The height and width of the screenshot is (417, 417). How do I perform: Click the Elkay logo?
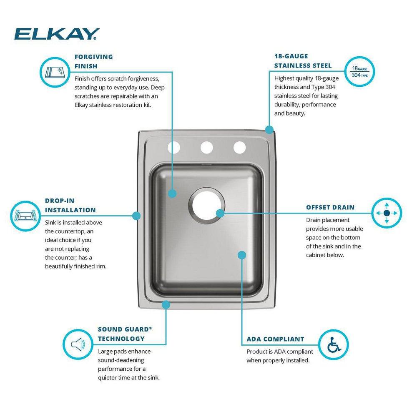pyautogui.click(x=57, y=33)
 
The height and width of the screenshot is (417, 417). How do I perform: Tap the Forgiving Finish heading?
pyautogui.click(x=93, y=61)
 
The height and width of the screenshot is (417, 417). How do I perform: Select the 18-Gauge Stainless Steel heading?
pyautogui.click(x=303, y=61)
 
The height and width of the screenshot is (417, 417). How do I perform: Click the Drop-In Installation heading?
pyautogui.click(x=70, y=206)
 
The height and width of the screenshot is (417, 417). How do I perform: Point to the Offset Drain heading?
pyautogui.click(x=330, y=207)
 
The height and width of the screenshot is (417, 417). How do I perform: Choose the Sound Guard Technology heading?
pyautogui.click(x=124, y=334)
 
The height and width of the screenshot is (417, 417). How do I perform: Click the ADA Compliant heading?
pyautogui.click(x=275, y=339)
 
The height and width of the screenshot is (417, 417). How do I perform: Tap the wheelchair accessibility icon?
pyautogui.click(x=333, y=345)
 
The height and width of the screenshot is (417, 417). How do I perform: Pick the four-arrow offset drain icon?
pyautogui.click(x=386, y=213)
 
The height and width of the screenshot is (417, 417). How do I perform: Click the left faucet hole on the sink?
pyautogui.click(x=173, y=147)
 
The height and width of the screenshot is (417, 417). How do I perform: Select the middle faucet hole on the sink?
pyautogui.click(x=206, y=147)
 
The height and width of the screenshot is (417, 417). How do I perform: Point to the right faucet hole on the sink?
pyautogui.click(x=239, y=147)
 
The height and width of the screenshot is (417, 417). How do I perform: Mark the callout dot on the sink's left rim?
pyautogui.click(x=136, y=215)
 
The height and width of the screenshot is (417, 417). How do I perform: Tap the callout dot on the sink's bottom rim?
pyautogui.click(x=166, y=305)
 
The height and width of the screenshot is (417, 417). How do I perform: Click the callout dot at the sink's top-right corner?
pyautogui.click(x=269, y=129)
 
